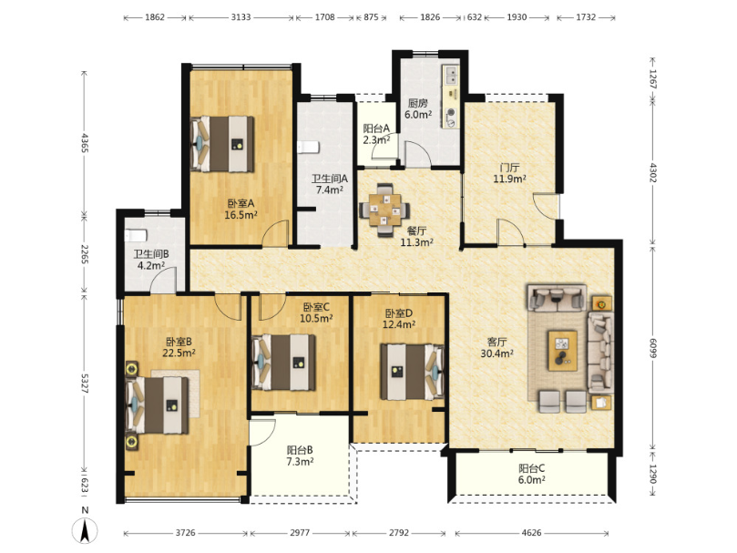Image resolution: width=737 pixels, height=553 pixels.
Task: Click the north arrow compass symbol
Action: pos(85,531)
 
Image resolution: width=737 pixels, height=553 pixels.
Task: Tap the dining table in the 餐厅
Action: pos(385,210)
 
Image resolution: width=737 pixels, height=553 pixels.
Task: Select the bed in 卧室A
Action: pos(222,144)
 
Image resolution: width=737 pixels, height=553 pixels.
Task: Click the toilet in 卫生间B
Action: pos(136,235)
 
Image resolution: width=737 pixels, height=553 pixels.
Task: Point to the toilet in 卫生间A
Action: pos(308,148)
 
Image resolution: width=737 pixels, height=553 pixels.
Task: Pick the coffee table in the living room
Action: pos(562,351)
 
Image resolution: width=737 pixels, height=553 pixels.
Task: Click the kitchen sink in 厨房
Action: pos(451,75)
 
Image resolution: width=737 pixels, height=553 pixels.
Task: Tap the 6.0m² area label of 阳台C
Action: pos(532,480)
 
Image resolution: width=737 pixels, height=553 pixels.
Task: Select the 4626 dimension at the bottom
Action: pos(531,533)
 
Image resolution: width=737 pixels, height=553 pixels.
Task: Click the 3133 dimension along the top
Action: pos(241,17)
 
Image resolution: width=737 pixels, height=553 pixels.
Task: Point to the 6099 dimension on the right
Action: pos(652,347)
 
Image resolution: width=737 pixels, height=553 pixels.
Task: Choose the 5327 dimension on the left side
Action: pos(85,384)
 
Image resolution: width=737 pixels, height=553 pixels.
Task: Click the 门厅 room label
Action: pos(509,168)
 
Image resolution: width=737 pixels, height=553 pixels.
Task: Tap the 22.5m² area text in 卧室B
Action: pos(179,353)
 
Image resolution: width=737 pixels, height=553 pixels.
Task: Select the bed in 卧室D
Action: pos(412,372)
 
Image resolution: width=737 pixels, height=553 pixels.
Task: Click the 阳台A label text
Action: pos(376,128)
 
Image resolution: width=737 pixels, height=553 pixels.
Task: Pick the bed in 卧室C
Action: pos(283,362)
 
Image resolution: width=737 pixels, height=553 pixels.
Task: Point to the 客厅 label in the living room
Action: pos(496,342)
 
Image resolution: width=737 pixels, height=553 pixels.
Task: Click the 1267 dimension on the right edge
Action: pos(652,79)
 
